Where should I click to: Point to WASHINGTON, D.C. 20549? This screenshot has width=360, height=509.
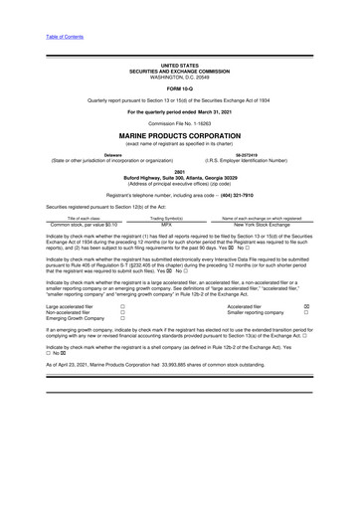click(x=179, y=77)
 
